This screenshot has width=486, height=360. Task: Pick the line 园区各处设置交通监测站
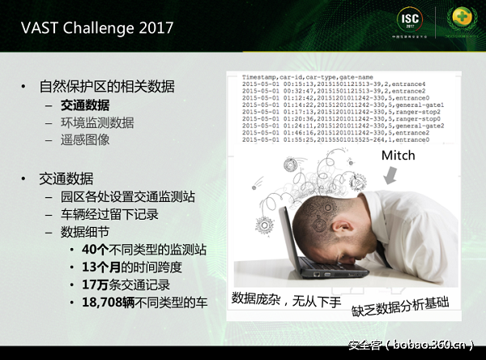[127, 197]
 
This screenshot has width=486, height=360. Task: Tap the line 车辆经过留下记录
[109, 215]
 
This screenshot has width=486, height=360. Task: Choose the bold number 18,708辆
[112, 302]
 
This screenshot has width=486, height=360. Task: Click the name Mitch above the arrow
[398, 155]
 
